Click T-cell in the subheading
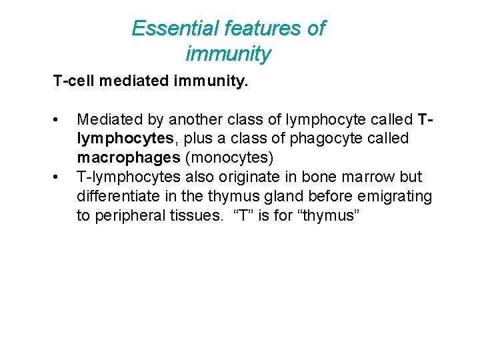[x=74, y=81]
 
